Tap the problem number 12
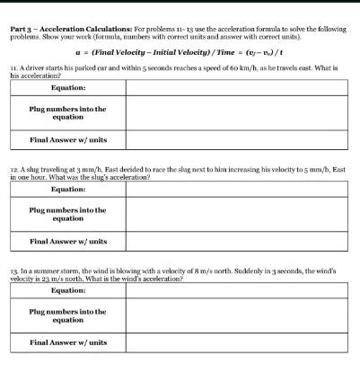(13, 168)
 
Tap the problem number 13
(13, 270)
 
